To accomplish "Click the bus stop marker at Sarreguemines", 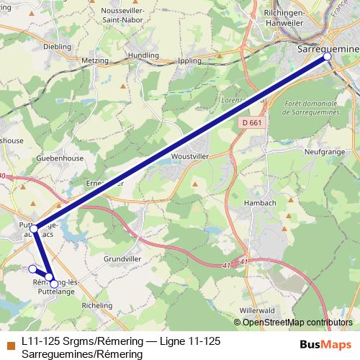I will tap(328, 56).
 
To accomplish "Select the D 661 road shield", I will tap(250, 124).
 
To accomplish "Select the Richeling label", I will tap(97, 305).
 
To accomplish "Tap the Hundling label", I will tap(143, 55).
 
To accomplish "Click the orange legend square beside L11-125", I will tap(9, 343).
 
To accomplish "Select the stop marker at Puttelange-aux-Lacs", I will tap(34, 228).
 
